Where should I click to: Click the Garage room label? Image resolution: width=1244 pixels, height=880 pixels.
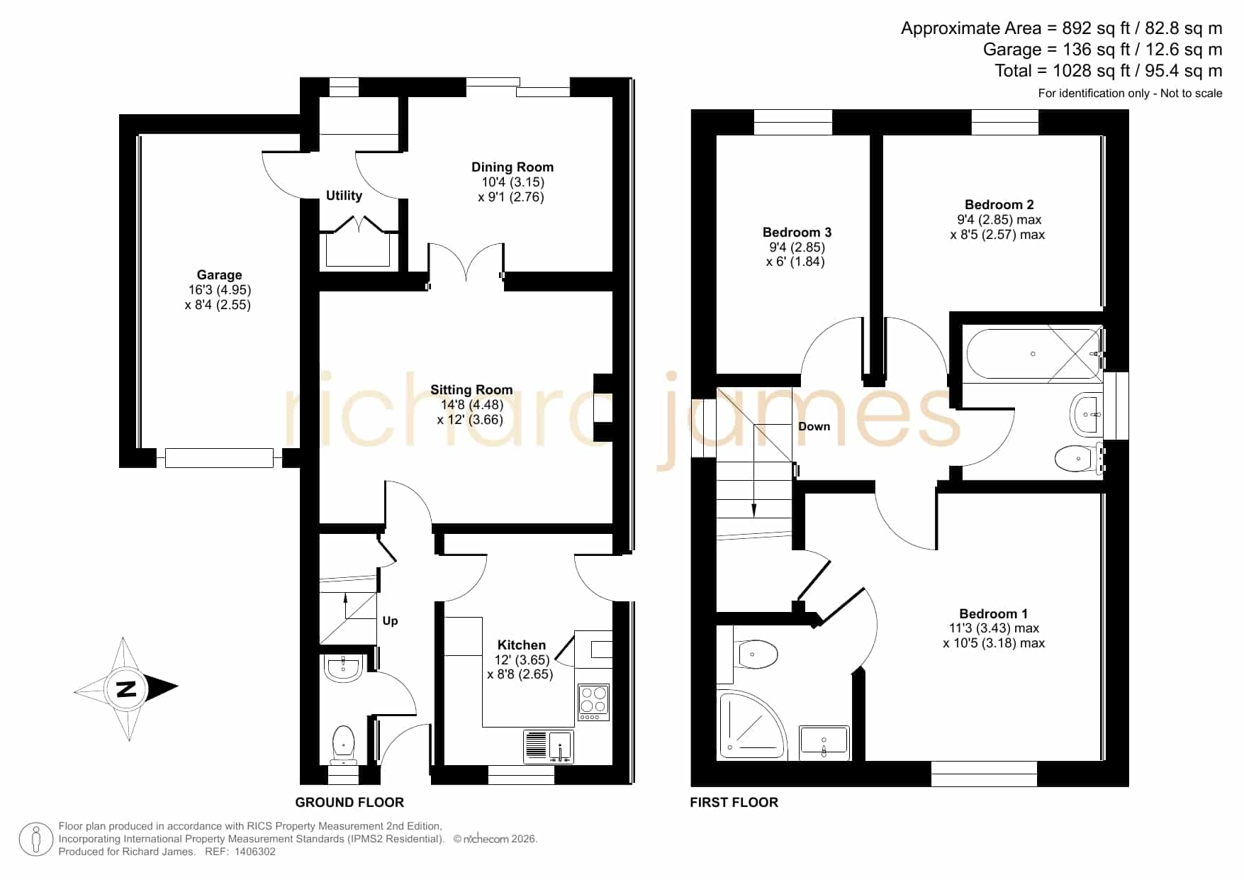tap(219, 275)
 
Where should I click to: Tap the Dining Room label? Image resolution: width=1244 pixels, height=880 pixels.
tap(512, 167)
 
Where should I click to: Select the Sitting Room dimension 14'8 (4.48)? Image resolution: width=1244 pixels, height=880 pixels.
tap(471, 405)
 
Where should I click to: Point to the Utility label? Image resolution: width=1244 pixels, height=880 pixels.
tap(344, 196)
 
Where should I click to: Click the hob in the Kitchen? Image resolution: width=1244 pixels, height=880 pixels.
tap(593, 701)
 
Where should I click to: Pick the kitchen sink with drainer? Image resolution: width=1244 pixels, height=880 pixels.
tap(549, 747)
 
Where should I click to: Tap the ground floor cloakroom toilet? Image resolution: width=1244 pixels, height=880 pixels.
tap(343, 744)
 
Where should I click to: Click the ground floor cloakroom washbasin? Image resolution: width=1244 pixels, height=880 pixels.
tap(344, 667)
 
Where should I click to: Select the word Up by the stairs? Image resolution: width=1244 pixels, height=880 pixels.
tap(390, 621)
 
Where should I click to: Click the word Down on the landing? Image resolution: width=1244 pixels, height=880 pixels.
tap(814, 427)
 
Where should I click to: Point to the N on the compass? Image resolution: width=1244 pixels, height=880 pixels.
tap(125, 689)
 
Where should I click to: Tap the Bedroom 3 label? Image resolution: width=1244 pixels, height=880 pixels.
tap(797, 233)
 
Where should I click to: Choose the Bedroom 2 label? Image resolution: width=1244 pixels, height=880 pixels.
tap(999, 205)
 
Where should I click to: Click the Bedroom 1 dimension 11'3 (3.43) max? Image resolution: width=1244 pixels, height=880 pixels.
tap(994, 628)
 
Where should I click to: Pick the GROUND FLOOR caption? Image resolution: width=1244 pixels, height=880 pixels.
tap(349, 803)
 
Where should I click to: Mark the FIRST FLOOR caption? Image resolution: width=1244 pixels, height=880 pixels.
tap(734, 803)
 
